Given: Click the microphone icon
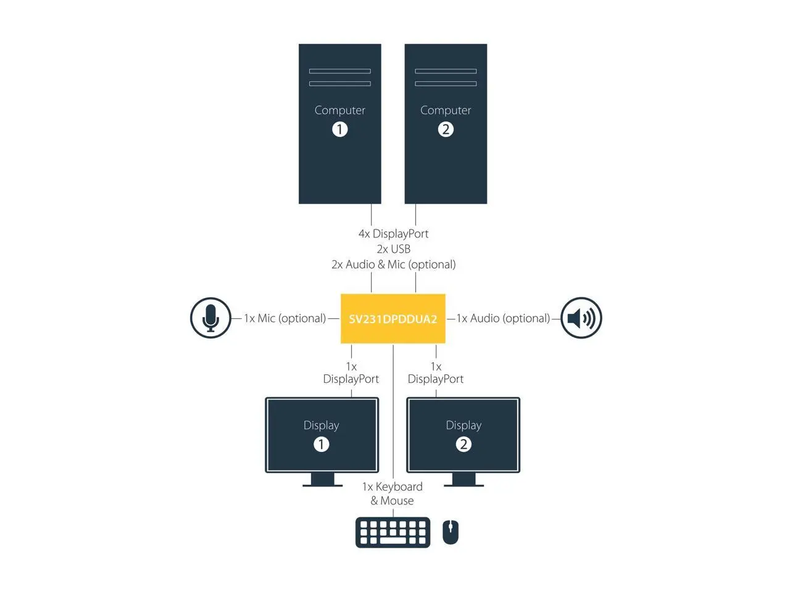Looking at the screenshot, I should coord(210,318).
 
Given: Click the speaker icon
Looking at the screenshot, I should coord(581,318).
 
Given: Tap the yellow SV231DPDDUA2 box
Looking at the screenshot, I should coord(393,319).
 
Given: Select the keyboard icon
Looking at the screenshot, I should coord(393,532).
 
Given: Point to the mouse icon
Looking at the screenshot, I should coord(451,532).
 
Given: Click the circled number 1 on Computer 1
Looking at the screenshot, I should coord(339,129).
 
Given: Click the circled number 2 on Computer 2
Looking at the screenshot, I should coord(446,129).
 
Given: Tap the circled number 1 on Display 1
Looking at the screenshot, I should coord(321,444).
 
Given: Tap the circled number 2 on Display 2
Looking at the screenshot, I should coord(464,444).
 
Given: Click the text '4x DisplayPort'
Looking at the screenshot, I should coord(393,234).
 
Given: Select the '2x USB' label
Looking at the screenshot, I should coord(393,249).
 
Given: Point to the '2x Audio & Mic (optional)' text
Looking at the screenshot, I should coord(393,265).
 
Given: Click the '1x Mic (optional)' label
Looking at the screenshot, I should coord(285,318).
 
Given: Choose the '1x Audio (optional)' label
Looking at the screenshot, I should coord(503,318).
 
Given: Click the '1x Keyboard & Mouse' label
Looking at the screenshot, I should coord(393,494).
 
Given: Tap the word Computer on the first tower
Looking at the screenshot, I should coord(339,110).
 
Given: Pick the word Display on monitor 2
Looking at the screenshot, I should coord(464,425).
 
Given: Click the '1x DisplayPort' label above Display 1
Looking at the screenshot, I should coord(351,373).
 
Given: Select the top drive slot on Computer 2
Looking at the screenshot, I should coord(446,71).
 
